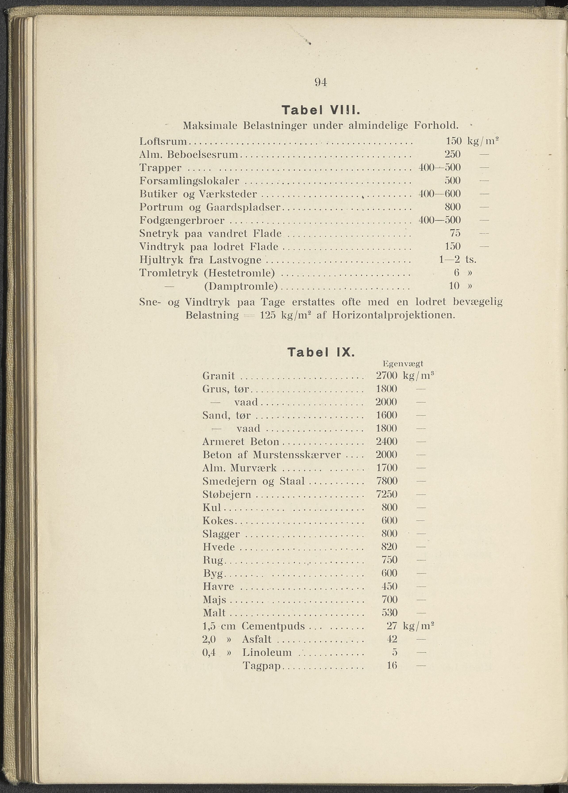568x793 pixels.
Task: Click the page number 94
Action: (321, 82)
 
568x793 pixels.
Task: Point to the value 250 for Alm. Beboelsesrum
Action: (452, 155)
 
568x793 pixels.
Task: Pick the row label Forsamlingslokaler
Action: (189, 181)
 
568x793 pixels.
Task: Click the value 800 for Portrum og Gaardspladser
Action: (452, 207)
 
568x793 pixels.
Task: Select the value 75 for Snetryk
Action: (455, 233)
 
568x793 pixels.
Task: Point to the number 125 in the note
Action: (268, 315)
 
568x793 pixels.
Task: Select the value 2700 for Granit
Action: (387, 376)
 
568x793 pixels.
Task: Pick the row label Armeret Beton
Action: (241, 442)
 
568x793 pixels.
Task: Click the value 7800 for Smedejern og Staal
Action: (387, 481)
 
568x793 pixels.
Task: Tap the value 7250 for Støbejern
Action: (387, 494)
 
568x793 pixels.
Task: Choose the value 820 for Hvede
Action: (389, 547)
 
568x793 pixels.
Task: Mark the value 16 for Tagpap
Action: (392, 665)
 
